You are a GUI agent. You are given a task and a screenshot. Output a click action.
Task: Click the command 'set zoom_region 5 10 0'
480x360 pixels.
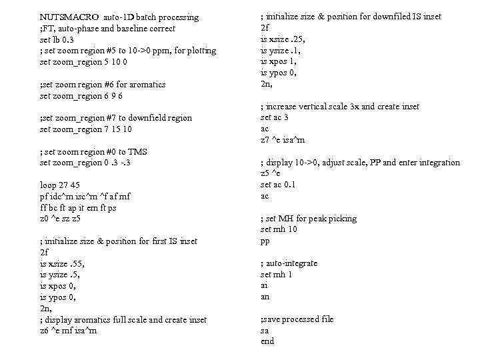point(84,62)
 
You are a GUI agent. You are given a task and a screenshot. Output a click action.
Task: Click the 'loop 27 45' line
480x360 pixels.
point(59,185)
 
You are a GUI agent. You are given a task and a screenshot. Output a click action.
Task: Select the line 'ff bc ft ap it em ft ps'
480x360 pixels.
point(78,207)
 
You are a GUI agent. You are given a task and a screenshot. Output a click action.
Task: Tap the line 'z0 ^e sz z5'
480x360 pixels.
point(61,218)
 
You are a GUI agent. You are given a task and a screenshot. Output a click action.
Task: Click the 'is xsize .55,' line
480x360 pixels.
point(63,263)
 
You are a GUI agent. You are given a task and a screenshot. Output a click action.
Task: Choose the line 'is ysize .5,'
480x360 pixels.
point(61,275)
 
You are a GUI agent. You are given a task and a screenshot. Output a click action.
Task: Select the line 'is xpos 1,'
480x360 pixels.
point(277,61)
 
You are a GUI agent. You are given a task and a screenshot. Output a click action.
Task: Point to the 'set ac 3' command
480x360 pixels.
point(274,117)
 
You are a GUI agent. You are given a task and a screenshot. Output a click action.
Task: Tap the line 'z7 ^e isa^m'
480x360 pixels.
point(282,139)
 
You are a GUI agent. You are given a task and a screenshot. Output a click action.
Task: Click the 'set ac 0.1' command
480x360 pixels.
point(277,185)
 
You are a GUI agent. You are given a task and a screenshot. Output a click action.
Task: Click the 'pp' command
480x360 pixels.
point(265,241)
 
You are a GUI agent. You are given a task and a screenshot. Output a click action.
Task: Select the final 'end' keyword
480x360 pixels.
point(267,341)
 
